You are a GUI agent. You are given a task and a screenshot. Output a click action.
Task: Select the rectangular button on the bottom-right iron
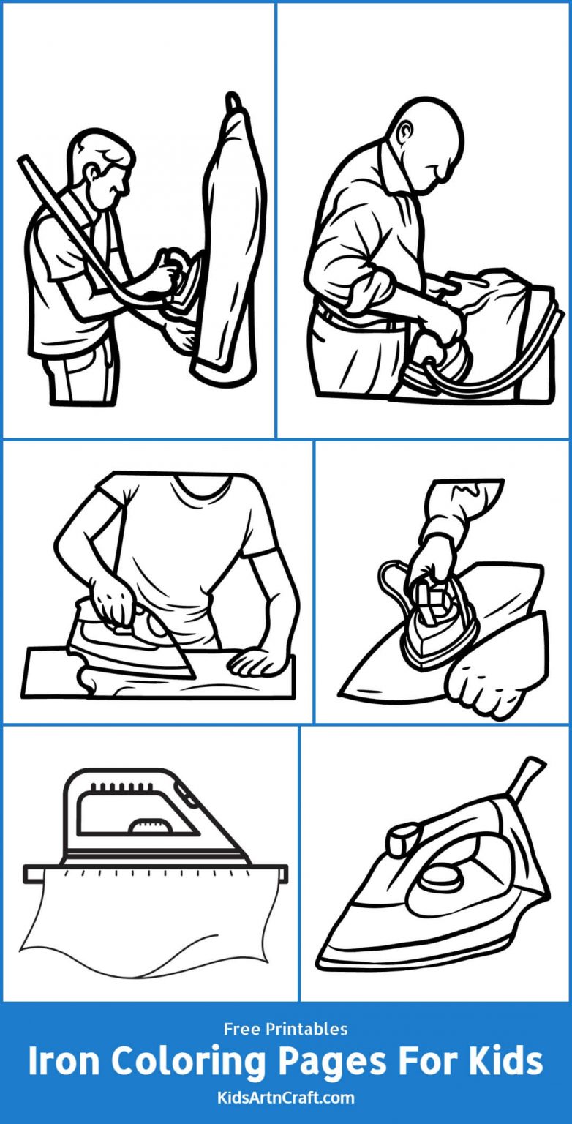click(402, 839)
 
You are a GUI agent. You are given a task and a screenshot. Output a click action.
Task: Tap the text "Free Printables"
click(286, 1029)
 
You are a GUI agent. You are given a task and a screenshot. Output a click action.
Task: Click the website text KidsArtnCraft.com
click(286, 1097)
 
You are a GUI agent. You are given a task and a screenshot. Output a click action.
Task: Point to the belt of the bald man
click(351, 319)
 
